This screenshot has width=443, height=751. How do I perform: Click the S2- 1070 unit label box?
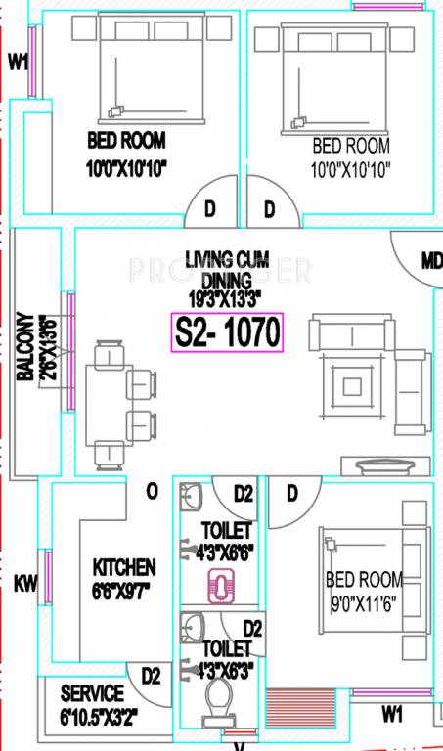pos(227,332)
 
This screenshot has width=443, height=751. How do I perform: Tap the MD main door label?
pos(430,261)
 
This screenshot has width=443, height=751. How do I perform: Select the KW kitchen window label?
pos(25,584)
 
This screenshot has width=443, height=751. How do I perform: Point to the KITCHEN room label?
pos(124,567)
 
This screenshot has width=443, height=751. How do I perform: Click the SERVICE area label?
pos(92,693)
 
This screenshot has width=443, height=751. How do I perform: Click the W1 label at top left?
pos(18,63)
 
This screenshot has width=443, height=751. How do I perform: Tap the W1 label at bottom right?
pos(391,715)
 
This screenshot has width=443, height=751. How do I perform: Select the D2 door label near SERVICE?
pos(151,676)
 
